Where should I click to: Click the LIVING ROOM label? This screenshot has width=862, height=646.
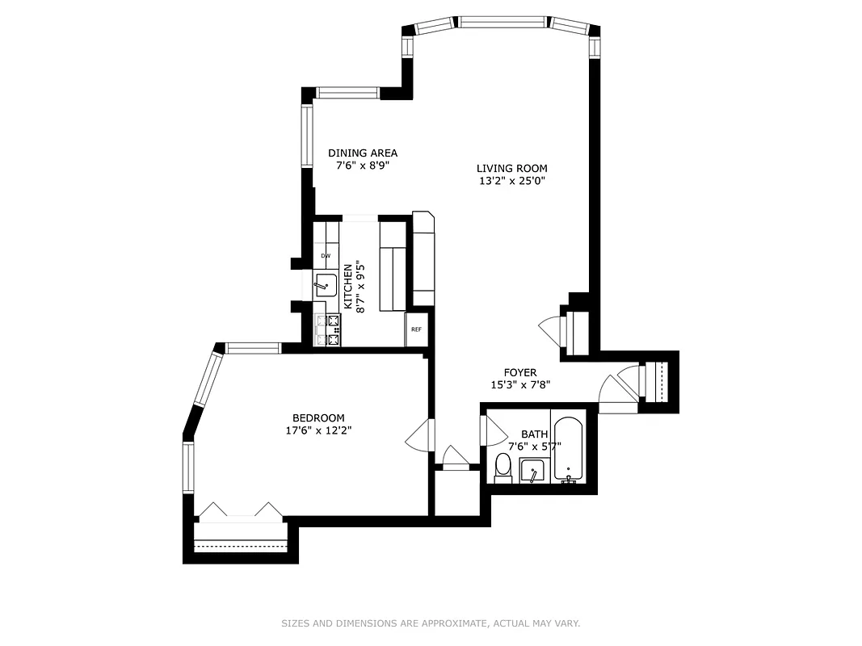(x=511, y=168)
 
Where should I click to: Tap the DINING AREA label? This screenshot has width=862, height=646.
(x=362, y=153)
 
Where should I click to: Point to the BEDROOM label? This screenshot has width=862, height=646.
(x=318, y=417)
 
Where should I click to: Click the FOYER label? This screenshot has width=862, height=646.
(x=520, y=372)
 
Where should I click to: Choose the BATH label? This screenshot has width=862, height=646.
(x=534, y=434)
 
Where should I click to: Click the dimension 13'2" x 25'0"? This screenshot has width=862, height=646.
(x=511, y=181)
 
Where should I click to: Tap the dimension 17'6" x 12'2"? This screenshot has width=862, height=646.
(x=318, y=430)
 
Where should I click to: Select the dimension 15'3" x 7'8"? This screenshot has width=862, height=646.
(x=520, y=385)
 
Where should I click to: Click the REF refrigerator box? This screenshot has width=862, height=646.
(x=416, y=329)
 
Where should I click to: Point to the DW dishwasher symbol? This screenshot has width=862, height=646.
(x=326, y=256)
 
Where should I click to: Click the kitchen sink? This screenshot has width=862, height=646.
(x=326, y=285)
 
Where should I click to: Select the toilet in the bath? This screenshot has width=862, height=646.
(x=502, y=468)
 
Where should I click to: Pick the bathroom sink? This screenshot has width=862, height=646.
(x=532, y=471)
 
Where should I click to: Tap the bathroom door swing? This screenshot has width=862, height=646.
(x=489, y=429)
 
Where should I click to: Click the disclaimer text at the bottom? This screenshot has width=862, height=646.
(x=431, y=623)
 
